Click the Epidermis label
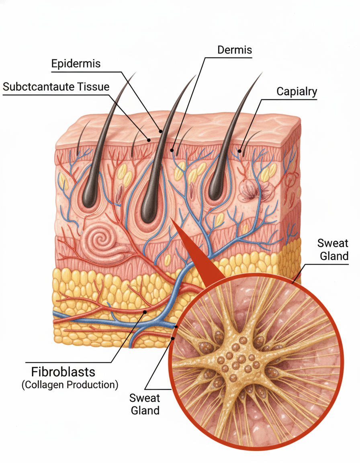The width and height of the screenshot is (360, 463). pyautogui.click(x=76, y=64)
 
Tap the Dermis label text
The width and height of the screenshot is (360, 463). pyautogui.click(x=234, y=50)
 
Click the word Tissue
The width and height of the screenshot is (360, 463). pyautogui.click(x=94, y=87)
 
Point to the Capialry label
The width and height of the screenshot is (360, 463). pyautogui.click(x=297, y=91)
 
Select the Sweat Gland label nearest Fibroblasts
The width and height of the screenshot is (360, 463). pyautogui.click(x=144, y=404)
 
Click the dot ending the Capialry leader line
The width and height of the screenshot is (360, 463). pyautogui.click(x=240, y=152)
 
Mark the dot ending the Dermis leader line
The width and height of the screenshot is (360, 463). pyautogui.click(x=172, y=150)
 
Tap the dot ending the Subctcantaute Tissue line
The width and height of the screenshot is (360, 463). pyautogui.click(x=149, y=140)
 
